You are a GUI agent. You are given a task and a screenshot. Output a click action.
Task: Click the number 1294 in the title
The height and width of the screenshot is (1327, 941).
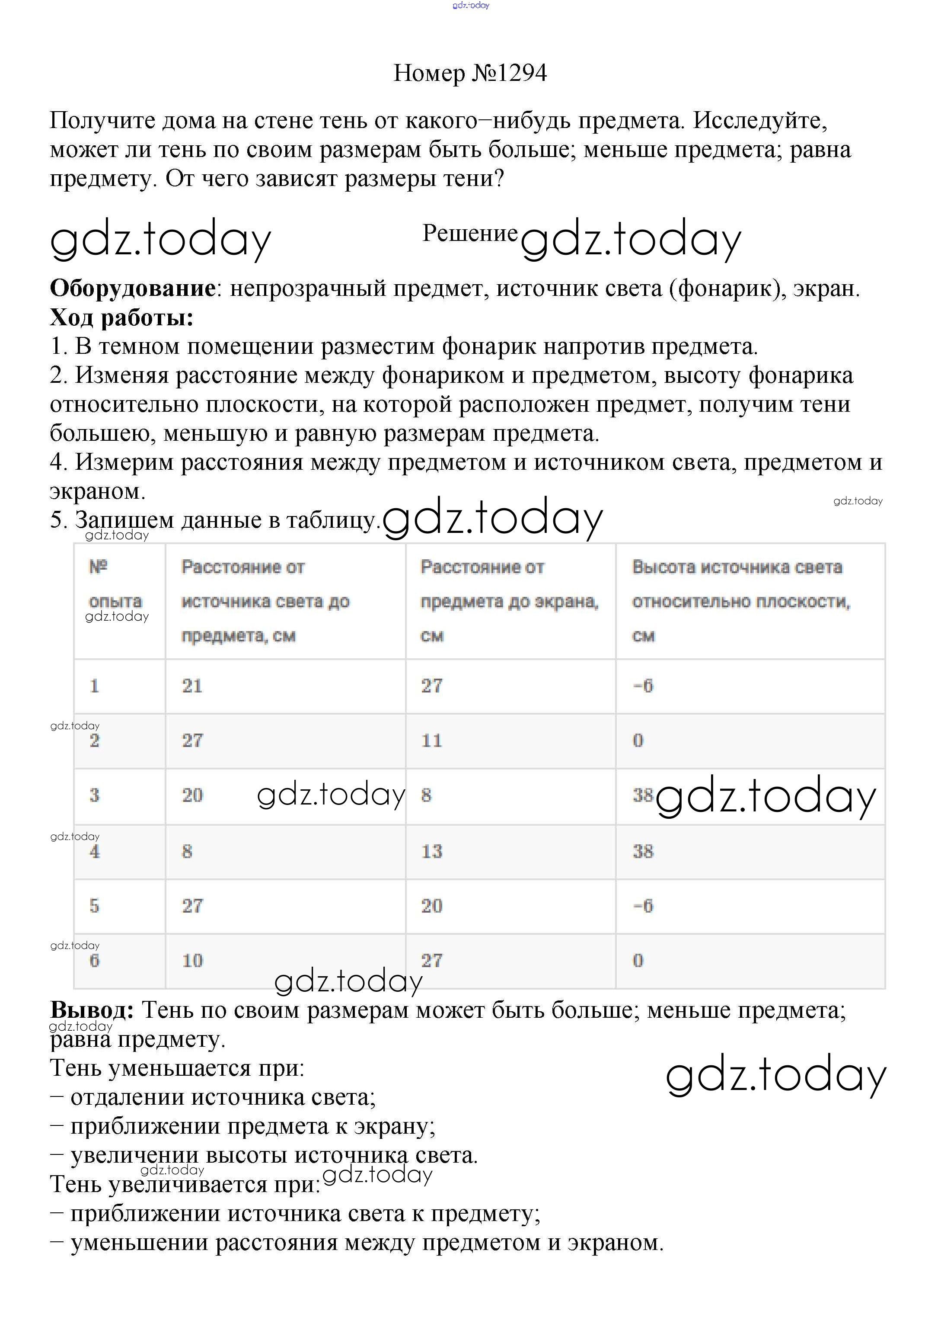521,73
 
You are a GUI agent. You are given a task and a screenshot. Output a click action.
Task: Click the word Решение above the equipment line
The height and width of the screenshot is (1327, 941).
469,233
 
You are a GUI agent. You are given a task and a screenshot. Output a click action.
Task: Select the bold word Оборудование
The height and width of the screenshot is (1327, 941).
133,288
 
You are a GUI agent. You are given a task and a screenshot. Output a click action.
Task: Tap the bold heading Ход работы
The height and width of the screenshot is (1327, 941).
121,317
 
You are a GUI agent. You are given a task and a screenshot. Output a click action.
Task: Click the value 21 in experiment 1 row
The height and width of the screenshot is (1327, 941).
192,686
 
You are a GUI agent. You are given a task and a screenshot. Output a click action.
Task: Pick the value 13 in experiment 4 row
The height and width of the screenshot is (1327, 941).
432,851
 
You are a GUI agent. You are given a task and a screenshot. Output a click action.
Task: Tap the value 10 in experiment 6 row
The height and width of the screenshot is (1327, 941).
192,961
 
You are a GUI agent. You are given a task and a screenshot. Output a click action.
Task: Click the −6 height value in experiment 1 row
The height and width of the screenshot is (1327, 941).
643,686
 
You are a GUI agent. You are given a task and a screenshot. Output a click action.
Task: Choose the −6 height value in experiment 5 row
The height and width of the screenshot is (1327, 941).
643,906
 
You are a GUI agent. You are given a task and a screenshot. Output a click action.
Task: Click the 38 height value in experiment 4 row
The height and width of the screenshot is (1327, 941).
643,851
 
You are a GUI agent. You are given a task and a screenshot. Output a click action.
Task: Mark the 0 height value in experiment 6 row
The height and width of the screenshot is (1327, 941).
638,961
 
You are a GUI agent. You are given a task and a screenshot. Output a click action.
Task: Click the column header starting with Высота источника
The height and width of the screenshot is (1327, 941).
737,601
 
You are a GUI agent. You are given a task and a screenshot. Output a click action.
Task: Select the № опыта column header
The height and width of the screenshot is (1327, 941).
115,584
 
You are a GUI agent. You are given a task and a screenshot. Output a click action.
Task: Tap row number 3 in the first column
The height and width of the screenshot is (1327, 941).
95,795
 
